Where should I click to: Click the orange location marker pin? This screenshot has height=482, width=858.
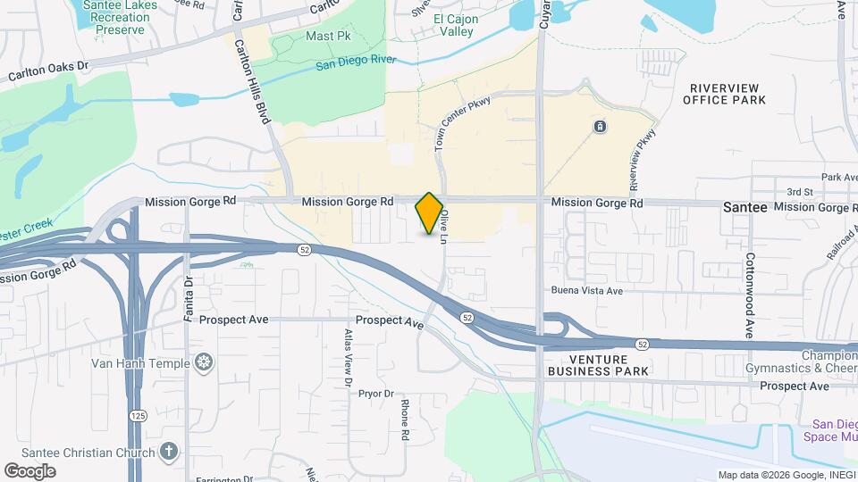point(430,213)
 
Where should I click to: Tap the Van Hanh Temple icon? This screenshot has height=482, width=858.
point(205,362)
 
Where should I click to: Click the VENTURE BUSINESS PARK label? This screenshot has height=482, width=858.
point(597,363)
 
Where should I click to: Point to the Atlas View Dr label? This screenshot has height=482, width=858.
point(349,358)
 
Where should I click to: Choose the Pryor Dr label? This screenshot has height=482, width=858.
point(376,393)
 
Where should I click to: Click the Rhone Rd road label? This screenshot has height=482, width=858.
point(405,420)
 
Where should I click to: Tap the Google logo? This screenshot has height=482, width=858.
point(29,470)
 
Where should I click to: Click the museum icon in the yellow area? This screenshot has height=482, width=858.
point(600,126)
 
